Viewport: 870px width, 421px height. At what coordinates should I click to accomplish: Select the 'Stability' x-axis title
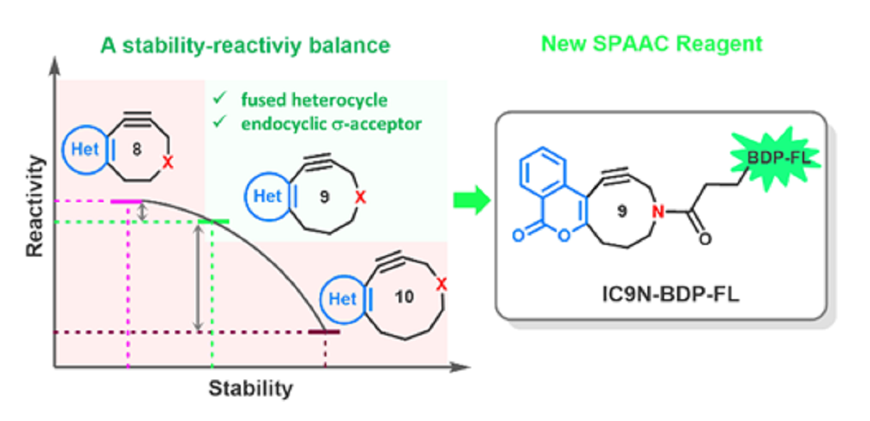tap(251, 388)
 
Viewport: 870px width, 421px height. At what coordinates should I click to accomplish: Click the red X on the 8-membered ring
tap(167, 164)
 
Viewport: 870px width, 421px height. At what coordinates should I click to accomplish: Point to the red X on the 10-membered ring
tap(441, 287)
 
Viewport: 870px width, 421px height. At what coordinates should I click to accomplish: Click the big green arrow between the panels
tap(470, 201)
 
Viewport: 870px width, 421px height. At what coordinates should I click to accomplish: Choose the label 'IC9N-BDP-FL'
tap(662, 294)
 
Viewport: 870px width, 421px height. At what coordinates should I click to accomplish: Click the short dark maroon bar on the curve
tap(324, 332)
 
